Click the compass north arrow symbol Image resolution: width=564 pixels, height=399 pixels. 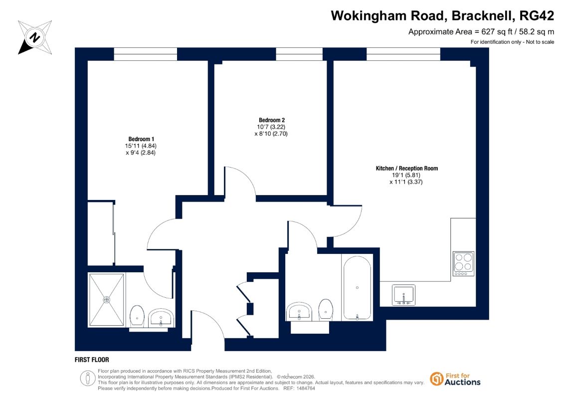[x=35, y=37]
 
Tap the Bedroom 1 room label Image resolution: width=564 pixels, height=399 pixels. [x=141, y=139]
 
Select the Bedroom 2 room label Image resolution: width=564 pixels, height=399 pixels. [x=272, y=120]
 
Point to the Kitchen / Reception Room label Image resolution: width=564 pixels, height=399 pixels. [x=407, y=169]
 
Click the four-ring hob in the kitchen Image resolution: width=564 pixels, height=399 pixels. [x=463, y=264]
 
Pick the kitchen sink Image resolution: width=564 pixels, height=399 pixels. [x=403, y=295]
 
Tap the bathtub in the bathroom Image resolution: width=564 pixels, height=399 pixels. [x=357, y=288]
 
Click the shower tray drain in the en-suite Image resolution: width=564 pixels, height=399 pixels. [x=107, y=299]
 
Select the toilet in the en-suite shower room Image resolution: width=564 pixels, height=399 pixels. [x=137, y=316]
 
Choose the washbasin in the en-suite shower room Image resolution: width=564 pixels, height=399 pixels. [x=161, y=317]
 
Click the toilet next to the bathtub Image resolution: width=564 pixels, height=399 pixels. [x=326, y=309]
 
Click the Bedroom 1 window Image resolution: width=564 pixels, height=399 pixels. [x=145, y=54]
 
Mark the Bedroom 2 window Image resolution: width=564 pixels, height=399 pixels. [x=299, y=54]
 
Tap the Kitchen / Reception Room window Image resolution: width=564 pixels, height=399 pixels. [x=403, y=54]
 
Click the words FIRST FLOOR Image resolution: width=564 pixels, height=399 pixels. [x=92, y=360]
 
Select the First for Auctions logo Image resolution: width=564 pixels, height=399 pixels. [x=455, y=379]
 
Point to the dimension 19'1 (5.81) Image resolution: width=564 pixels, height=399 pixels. [x=406, y=175]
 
